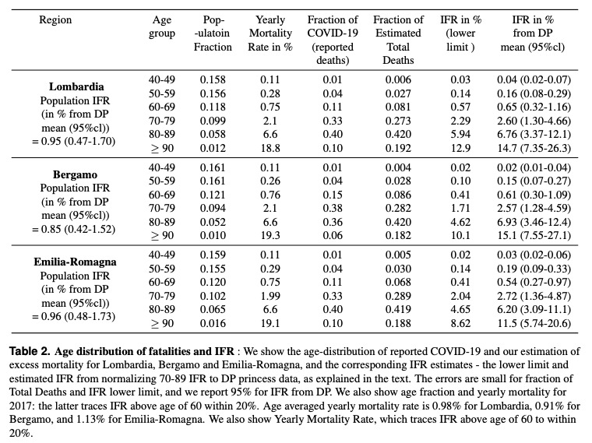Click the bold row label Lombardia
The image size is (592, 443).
click(76, 86)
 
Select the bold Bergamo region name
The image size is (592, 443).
click(75, 174)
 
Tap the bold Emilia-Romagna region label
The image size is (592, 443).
click(75, 262)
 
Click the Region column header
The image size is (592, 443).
click(55, 19)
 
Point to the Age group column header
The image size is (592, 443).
click(162, 26)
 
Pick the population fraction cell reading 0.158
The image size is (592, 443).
click(213, 79)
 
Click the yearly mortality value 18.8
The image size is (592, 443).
click(270, 148)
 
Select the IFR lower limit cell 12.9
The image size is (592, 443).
click(460, 148)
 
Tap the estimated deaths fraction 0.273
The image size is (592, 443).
click(398, 121)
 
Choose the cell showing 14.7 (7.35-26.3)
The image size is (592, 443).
click(534, 148)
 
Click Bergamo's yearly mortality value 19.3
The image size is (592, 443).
click(270, 235)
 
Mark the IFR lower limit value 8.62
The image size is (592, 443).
click(460, 323)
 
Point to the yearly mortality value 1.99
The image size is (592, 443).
click(270, 296)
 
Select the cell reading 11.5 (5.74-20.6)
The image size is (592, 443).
click(534, 323)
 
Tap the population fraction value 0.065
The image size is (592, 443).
click(213, 309)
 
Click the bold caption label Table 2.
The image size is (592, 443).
click(30, 351)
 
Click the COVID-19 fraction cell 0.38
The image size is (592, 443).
click(333, 208)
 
